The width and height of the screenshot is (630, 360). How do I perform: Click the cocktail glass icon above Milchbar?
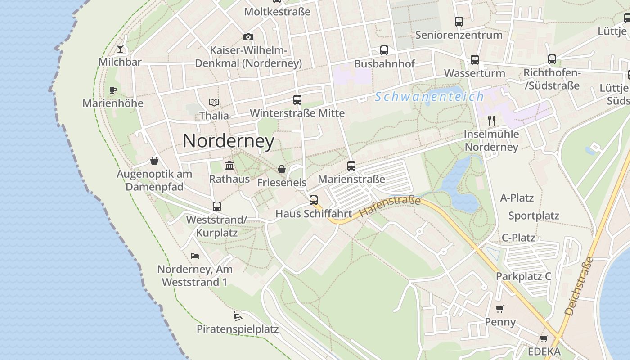120,49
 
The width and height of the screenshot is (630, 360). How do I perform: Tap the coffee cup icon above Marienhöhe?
113,90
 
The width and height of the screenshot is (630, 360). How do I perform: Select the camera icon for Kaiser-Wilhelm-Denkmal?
248,37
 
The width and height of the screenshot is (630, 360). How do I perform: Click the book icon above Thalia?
214,103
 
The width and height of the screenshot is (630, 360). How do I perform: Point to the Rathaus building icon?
229,166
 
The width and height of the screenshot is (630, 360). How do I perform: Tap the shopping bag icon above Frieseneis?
282,169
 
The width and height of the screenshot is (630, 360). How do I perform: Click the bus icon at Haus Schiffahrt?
314,200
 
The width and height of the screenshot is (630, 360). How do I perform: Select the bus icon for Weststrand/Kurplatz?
217,207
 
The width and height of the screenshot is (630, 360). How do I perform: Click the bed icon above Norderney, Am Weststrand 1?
195,256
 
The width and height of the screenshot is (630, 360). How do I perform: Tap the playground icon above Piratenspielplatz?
238,315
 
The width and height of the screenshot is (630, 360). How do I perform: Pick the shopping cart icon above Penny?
500,309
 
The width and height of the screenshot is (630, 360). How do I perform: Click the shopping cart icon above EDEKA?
544,338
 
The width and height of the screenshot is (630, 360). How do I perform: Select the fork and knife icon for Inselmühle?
491,121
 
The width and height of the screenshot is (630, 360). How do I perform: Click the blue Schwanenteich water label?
429,97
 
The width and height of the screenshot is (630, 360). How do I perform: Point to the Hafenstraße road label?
390,206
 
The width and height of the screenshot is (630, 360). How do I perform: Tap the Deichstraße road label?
579,286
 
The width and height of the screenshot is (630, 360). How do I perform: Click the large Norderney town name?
229,141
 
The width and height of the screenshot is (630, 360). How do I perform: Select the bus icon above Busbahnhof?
384,50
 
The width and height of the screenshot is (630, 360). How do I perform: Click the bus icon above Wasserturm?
475,60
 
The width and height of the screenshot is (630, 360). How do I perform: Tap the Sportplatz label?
534,216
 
